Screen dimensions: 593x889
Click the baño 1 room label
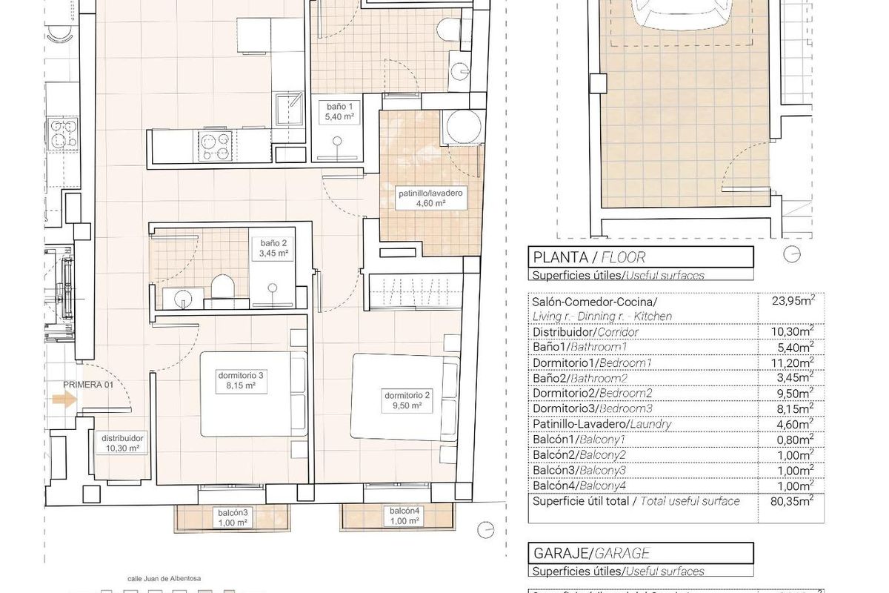pos(337,112)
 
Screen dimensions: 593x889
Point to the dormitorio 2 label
pos(402,400)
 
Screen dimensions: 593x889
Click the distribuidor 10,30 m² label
pos(122,443)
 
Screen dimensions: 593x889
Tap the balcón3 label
pos(232,517)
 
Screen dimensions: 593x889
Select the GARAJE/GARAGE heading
pos(591,553)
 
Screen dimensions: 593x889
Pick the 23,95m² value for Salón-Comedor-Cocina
pos(791,301)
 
